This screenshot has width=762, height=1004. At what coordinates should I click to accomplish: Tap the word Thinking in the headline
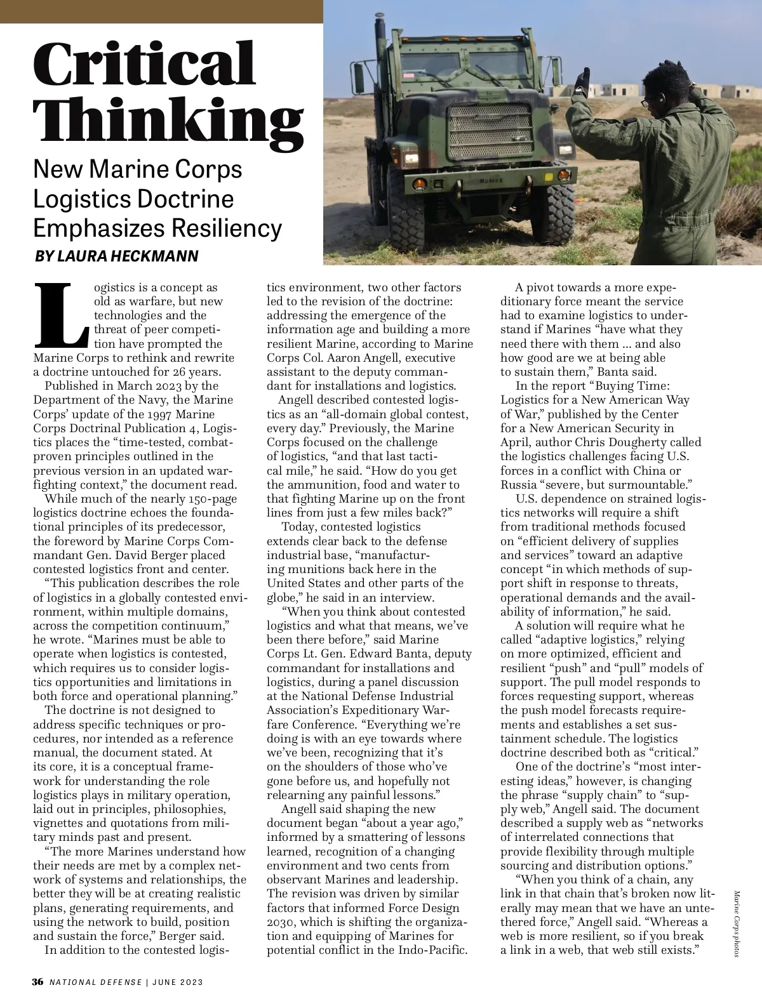point(168,119)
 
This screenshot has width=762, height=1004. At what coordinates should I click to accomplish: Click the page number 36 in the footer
point(38,982)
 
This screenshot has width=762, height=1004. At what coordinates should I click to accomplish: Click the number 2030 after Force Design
point(279,921)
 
